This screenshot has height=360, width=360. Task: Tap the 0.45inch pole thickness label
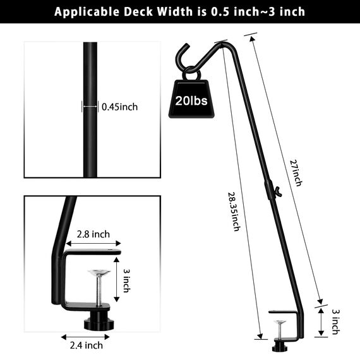tap(119, 107)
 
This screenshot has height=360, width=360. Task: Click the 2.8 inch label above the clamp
tap(93, 234)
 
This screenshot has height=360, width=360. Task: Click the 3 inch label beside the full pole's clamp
tap(336, 321)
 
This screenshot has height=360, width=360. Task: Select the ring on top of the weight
tap(191, 75)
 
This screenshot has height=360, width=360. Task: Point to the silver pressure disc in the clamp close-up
tap(98, 273)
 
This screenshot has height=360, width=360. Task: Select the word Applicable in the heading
tap(85, 11)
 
